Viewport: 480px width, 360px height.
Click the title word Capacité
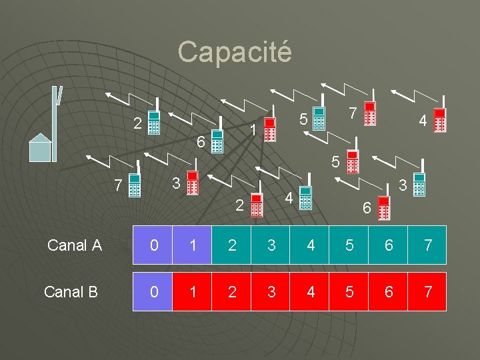235,51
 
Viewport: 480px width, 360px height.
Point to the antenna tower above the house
57,113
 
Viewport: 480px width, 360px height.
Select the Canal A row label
74,245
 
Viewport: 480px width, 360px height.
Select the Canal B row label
71,291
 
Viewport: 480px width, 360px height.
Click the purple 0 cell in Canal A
153,245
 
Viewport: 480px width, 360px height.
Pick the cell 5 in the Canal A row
349,245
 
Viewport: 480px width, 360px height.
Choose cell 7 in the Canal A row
427,245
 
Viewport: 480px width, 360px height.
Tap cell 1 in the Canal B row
192,291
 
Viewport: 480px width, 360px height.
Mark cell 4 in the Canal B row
310,291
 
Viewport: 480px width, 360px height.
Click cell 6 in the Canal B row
389,291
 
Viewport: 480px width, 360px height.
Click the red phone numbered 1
269,129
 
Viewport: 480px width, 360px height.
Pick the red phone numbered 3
192,183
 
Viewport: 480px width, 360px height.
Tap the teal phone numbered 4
305,198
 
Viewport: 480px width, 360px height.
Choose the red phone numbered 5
353,162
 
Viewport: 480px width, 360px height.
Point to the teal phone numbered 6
217,141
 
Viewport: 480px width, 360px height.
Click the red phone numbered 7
371,113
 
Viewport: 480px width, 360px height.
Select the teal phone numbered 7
134,185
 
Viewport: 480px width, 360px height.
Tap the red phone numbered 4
439,121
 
